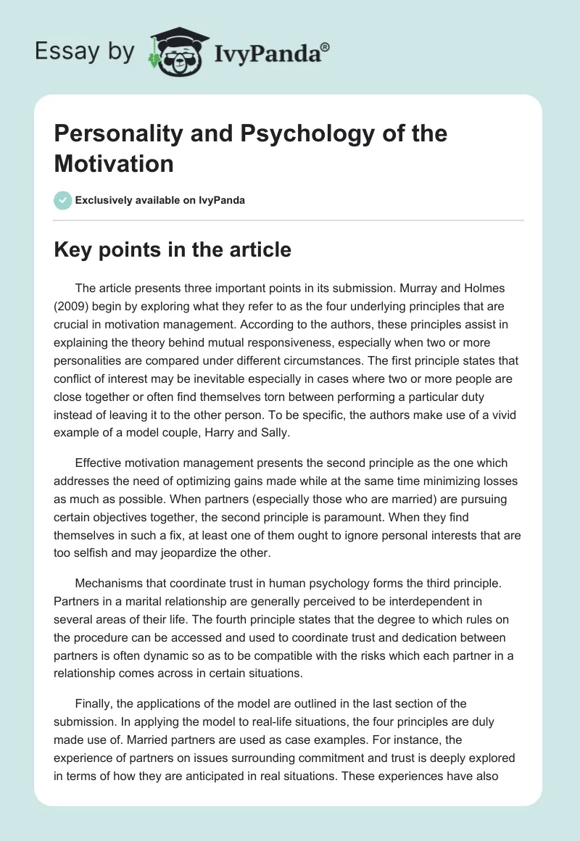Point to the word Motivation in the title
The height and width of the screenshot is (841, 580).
114,163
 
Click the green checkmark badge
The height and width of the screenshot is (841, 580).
63,200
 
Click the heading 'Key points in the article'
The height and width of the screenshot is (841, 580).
173,249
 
